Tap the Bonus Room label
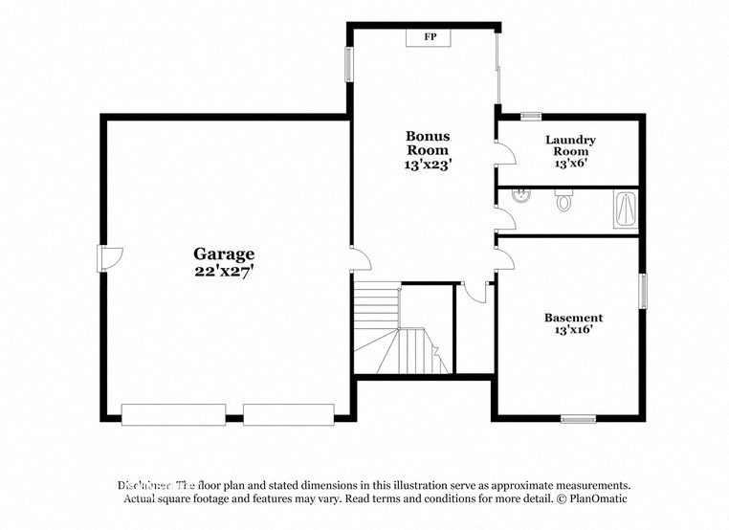428,144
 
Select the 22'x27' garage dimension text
225,271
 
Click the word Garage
225,254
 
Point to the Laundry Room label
570,145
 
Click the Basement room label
573,318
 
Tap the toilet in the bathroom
563,201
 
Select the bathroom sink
520,198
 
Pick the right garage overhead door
288,414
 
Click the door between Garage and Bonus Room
356,259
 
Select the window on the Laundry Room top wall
531,117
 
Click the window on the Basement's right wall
643,291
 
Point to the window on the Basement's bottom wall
578,418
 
